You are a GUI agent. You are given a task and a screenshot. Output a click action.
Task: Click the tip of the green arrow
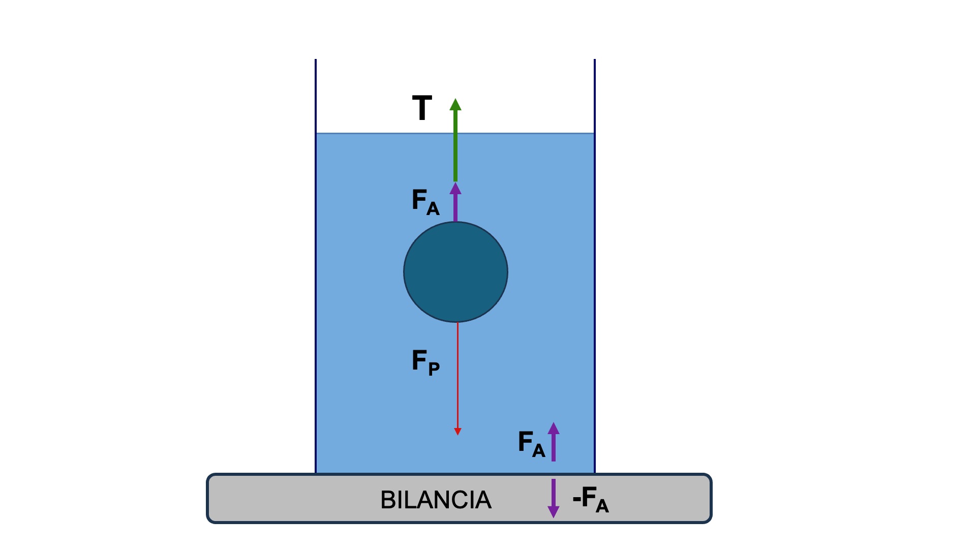pyautogui.click(x=455, y=101)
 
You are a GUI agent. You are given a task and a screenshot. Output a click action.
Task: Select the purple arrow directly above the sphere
pyautogui.click(x=455, y=203)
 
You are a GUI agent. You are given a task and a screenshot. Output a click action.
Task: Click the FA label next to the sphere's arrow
pyautogui.click(x=425, y=202)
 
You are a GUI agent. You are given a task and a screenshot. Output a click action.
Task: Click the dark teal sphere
pyautogui.click(x=455, y=272)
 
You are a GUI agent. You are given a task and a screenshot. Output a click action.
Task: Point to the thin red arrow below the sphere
pyautogui.click(x=457, y=376)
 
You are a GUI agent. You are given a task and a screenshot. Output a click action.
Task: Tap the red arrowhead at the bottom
pyautogui.click(x=457, y=432)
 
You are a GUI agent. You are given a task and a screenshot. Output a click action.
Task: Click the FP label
pyautogui.click(x=425, y=362)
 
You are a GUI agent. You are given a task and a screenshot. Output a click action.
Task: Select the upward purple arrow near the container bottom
pyautogui.click(x=554, y=442)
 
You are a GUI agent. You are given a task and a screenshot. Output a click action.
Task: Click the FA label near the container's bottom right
pyautogui.click(x=531, y=443)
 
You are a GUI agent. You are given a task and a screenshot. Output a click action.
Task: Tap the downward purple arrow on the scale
pyautogui.click(x=554, y=497)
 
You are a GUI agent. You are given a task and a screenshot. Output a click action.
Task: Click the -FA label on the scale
pyautogui.click(x=591, y=499)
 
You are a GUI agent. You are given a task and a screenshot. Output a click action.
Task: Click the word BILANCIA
pyautogui.click(x=436, y=500)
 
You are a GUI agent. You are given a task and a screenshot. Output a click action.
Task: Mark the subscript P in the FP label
pyautogui.click(x=434, y=368)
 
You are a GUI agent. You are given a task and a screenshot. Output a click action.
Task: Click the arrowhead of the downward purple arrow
pyautogui.click(x=554, y=511)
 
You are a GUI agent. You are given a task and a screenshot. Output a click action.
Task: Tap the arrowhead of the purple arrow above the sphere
pyautogui.click(x=455, y=189)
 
